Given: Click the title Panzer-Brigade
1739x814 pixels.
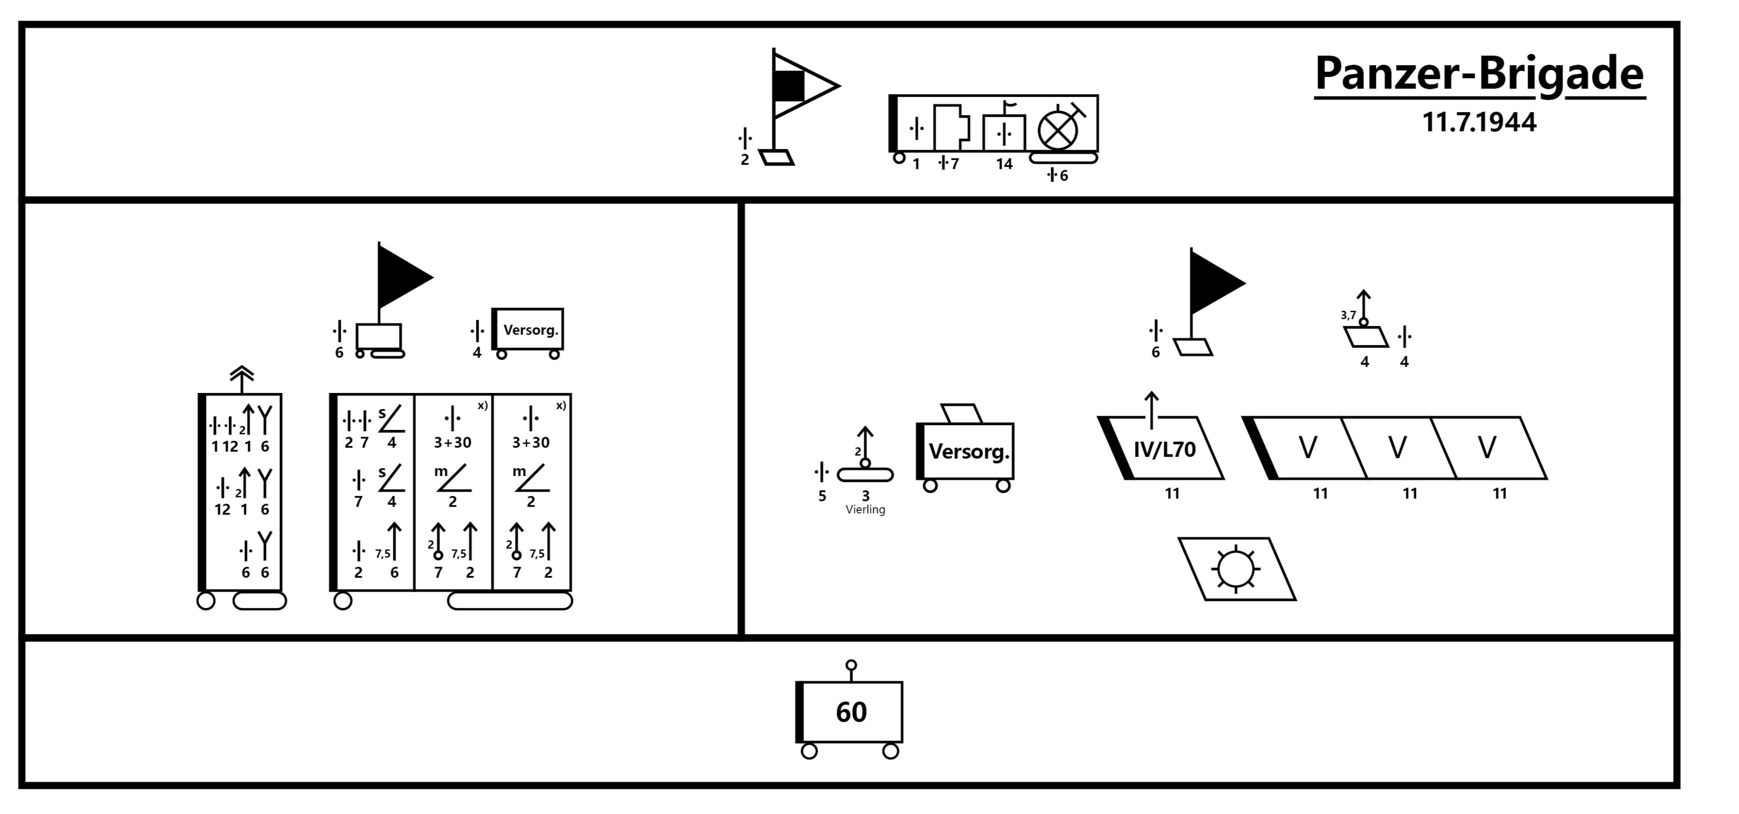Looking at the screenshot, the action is click(x=1479, y=74).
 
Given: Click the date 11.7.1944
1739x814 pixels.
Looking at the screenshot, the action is click(x=1479, y=122).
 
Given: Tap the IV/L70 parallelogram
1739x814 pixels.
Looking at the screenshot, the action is click(x=1161, y=448).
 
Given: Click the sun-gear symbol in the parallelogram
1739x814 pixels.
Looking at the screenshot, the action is click(x=1235, y=569).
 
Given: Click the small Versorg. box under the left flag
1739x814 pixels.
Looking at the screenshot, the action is click(x=527, y=330).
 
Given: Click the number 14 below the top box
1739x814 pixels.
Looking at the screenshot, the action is click(x=1004, y=164).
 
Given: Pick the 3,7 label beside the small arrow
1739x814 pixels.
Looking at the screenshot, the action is click(x=1348, y=315).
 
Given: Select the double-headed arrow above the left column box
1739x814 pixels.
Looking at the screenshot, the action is click(x=242, y=380).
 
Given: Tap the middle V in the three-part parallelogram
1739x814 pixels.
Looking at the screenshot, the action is click(x=1397, y=447).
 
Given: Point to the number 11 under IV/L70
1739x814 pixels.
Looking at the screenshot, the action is click(x=1172, y=494).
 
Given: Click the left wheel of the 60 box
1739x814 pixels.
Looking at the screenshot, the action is click(x=809, y=751).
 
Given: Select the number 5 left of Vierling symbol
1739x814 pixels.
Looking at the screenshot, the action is click(x=822, y=496).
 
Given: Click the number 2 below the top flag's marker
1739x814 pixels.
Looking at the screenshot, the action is click(x=744, y=160).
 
